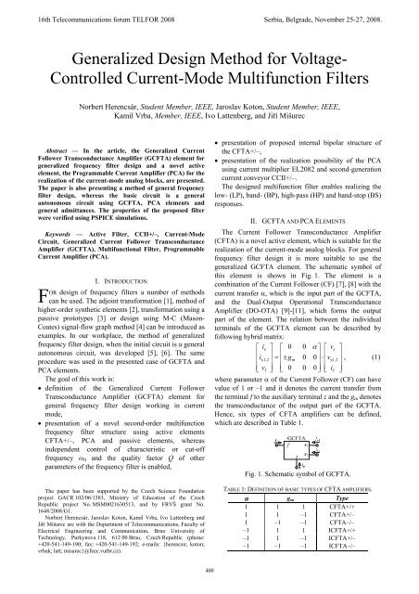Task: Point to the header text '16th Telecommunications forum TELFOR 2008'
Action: pos(83,7)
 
